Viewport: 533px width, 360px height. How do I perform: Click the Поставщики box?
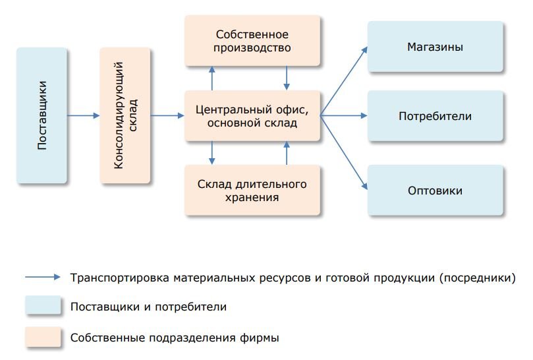(x=42, y=115)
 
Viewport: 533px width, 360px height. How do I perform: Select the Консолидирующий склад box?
(x=125, y=115)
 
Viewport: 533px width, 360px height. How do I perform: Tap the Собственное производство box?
(x=252, y=40)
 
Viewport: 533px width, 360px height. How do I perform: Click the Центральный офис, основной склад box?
(x=252, y=115)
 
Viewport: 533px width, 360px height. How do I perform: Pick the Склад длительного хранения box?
(x=252, y=190)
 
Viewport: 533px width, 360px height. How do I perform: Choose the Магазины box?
(x=435, y=47)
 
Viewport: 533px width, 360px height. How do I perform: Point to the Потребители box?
(x=435, y=115)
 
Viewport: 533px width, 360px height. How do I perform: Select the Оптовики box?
(x=435, y=190)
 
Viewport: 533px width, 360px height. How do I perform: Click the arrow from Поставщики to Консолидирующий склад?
(x=83, y=115)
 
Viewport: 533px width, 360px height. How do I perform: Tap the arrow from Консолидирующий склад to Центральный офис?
(x=167, y=115)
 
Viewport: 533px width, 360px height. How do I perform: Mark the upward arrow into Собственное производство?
(x=212, y=78)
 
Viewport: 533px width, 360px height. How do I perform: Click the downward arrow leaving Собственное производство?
(x=287, y=78)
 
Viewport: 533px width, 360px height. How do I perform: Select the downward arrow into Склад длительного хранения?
(x=212, y=153)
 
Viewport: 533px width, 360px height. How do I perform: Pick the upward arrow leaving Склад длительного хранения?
(x=287, y=153)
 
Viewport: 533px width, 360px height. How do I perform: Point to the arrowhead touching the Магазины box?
(x=364, y=50)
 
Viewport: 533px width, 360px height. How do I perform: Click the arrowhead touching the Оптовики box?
(x=364, y=186)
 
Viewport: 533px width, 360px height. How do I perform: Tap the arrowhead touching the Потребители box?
(x=364, y=115)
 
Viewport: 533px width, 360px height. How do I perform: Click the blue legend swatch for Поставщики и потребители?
(x=43, y=305)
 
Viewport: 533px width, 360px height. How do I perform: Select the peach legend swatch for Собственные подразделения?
(x=43, y=337)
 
